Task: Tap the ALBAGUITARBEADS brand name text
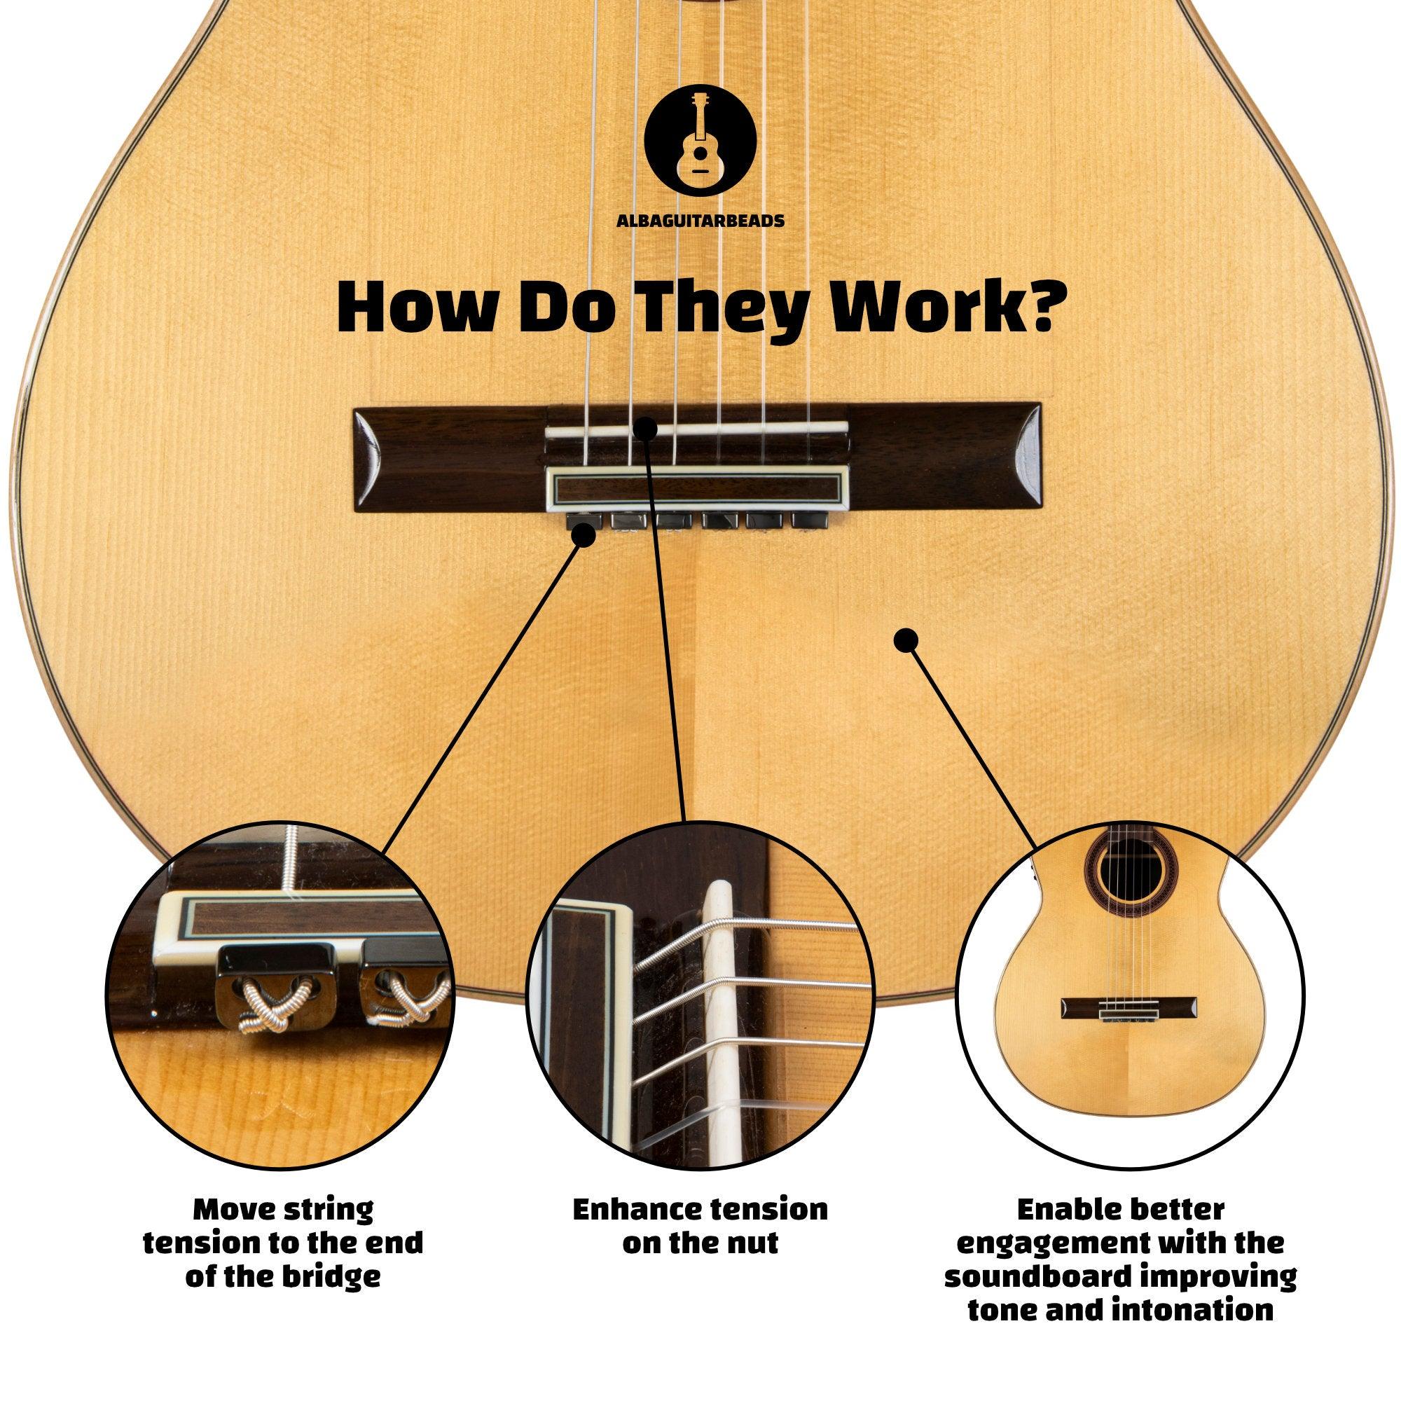coord(700,221)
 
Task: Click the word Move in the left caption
coord(233,1210)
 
